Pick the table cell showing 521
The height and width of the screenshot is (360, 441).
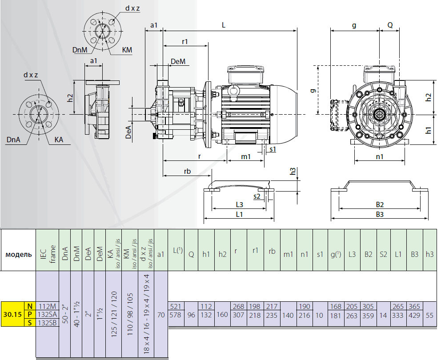click(176, 306)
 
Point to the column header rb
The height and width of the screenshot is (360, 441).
click(272, 251)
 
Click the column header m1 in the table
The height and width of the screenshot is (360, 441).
click(288, 254)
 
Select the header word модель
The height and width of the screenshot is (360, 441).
click(18, 255)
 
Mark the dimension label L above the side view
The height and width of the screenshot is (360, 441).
click(224, 25)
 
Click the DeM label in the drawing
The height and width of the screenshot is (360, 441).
click(178, 61)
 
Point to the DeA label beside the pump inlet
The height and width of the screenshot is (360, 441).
click(128, 132)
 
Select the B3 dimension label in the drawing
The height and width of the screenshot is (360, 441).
click(379, 215)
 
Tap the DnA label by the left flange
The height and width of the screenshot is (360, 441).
click(13, 140)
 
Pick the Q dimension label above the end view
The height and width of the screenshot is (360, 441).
click(390, 25)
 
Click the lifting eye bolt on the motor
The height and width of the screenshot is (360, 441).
click(234, 91)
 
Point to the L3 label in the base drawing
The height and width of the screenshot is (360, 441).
click(239, 205)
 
